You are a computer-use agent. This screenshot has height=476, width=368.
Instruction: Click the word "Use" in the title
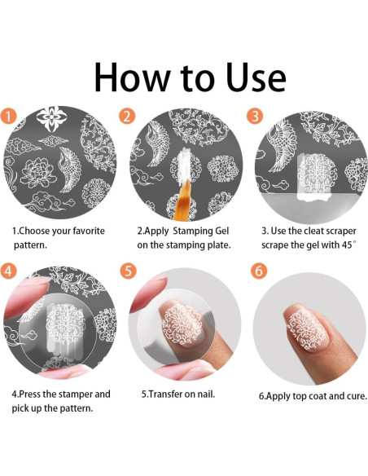click(255, 77)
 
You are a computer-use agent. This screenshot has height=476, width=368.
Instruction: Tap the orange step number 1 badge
click(8, 117)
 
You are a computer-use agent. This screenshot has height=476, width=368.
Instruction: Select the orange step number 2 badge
click(127, 116)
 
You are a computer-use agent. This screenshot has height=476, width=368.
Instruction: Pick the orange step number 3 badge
click(255, 116)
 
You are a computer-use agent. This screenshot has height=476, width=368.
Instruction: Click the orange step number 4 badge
click(8, 271)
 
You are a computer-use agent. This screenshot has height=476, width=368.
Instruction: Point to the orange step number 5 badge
click(128, 271)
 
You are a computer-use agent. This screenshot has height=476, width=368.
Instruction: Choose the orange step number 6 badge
click(259, 271)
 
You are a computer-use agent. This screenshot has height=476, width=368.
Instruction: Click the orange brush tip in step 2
click(182, 200)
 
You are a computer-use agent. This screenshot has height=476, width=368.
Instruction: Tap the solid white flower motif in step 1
click(51, 119)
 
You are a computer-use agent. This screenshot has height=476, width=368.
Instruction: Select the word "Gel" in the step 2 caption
click(222, 231)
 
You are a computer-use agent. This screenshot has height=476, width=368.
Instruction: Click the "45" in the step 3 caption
click(348, 245)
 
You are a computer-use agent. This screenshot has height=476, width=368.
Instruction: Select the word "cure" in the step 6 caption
click(357, 396)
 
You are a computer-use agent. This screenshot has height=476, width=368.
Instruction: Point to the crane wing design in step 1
click(70, 170)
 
